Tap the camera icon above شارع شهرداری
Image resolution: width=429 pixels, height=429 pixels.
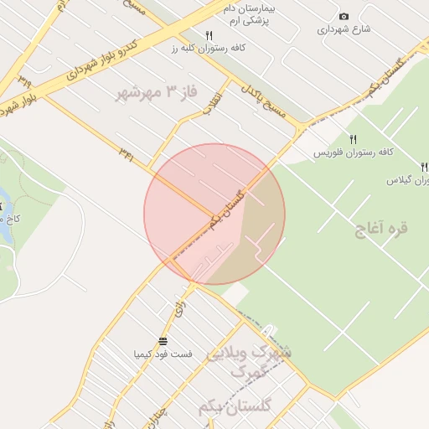click(x=344, y=17)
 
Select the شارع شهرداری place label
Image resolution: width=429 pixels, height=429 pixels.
click(x=343, y=29)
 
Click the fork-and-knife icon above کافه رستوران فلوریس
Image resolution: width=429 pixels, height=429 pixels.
click(x=354, y=140)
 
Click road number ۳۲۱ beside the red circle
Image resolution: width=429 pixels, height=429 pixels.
click(x=127, y=152)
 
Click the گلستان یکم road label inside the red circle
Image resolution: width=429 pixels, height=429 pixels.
click(x=229, y=209)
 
